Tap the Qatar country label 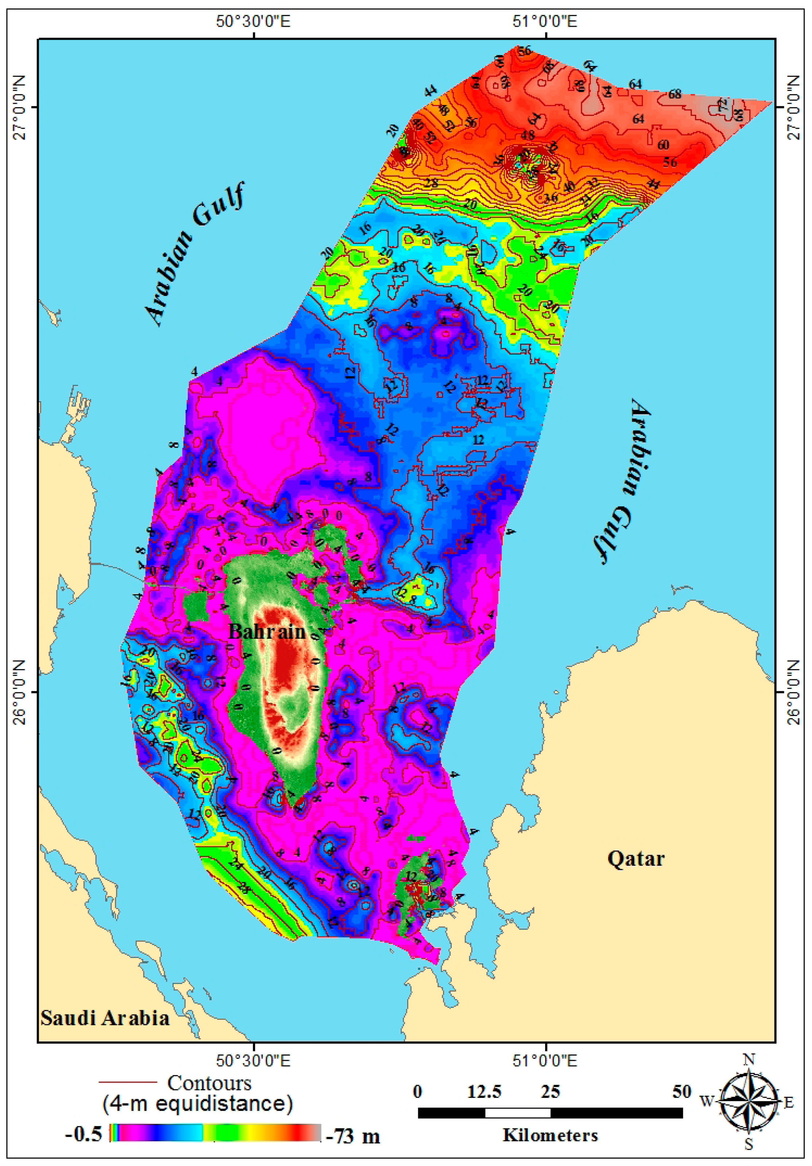(635, 858)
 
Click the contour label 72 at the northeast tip (722, 106)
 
